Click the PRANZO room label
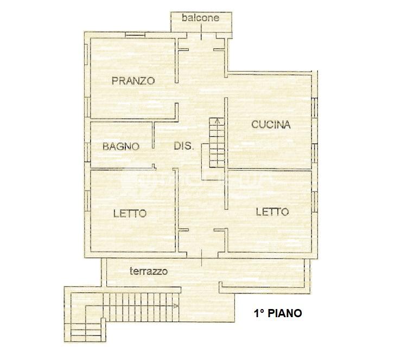pyautogui.click(x=133, y=81)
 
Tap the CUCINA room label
pyautogui.click(x=271, y=125)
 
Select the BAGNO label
pyautogui.click(x=121, y=146)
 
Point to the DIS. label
pyautogui.click(x=184, y=146)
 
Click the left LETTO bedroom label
pyautogui.click(x=130, y=214)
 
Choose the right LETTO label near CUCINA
pyautogui.click(x=272, y=212)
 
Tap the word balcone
pyautogui.click(x=201, y=18)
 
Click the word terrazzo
pyautogui.click(x=149, y=271)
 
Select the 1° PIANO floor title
pyautogui.click(x=278, y=313)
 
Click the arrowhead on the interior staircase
pyautogui.click(x=217, y=121)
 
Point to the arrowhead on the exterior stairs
pyautogui.click(x=176, y=306)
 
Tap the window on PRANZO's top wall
pyautogui.click(x=135, y=35)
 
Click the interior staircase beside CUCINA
pyautogui.click(x=216, y=143)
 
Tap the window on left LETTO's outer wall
pyautogui.click(x=86, y=201)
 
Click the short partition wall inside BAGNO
pyautogui.click(x=153, y=135)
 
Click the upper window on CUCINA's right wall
pyautogui.click(x=315, y=108)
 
